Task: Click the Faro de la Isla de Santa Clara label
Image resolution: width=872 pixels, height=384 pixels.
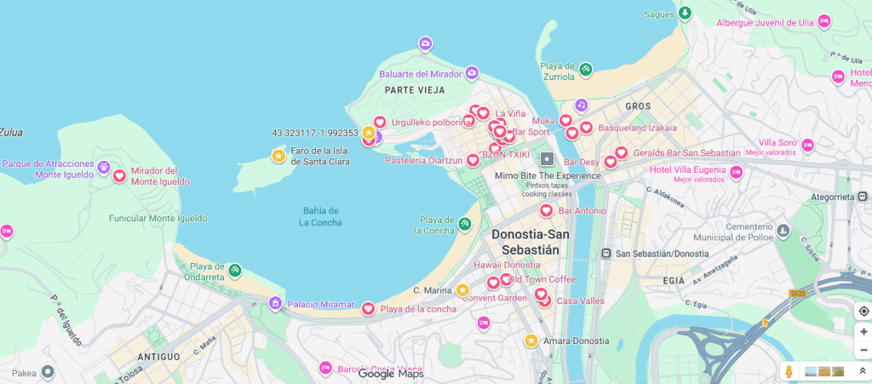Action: pyautogui.click(x=320, y=156)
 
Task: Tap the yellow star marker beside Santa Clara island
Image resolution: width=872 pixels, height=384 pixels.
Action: pyautogui.click(x=278, y=156)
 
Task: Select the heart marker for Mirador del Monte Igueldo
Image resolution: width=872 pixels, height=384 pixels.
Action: pyautogui.click(x=120, y=175)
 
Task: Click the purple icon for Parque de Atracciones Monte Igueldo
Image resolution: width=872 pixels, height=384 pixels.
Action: pyautogui.click(x=103, y=167)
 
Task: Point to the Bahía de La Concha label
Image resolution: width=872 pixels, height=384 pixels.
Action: pyautogui.click(x=320, y=216)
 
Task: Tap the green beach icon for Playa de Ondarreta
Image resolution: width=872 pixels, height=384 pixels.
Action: pyautogui.click(x=235, y=271)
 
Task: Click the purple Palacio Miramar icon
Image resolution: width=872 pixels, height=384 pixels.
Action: pyautogui.click(x=275, y=304)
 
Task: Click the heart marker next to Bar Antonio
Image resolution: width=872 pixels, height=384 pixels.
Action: pyautogui.click(x=546, y=210)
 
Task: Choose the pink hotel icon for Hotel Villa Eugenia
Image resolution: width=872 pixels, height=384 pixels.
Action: pyautogui.click(x=736, y=173)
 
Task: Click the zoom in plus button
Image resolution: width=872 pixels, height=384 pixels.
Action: pyautogui.click(x=863, y=331)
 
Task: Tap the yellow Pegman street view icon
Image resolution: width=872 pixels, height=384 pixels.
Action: pyautogui.click(x=789, y=371)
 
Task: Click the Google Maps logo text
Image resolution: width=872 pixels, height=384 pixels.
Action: pyautogui.click(x=390, y=373)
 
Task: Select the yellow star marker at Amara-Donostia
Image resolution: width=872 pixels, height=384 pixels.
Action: pyautogui.click(x=531, y=341)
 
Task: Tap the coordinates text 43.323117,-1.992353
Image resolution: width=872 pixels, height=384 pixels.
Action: pyautogui.click(x=315, y=133)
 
